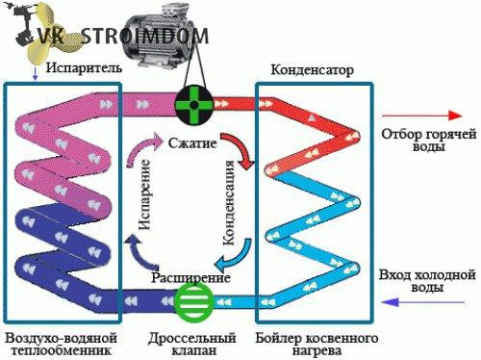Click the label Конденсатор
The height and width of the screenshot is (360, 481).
[x=313, y=71]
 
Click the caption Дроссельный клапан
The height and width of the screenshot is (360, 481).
[x=193, y=346]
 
